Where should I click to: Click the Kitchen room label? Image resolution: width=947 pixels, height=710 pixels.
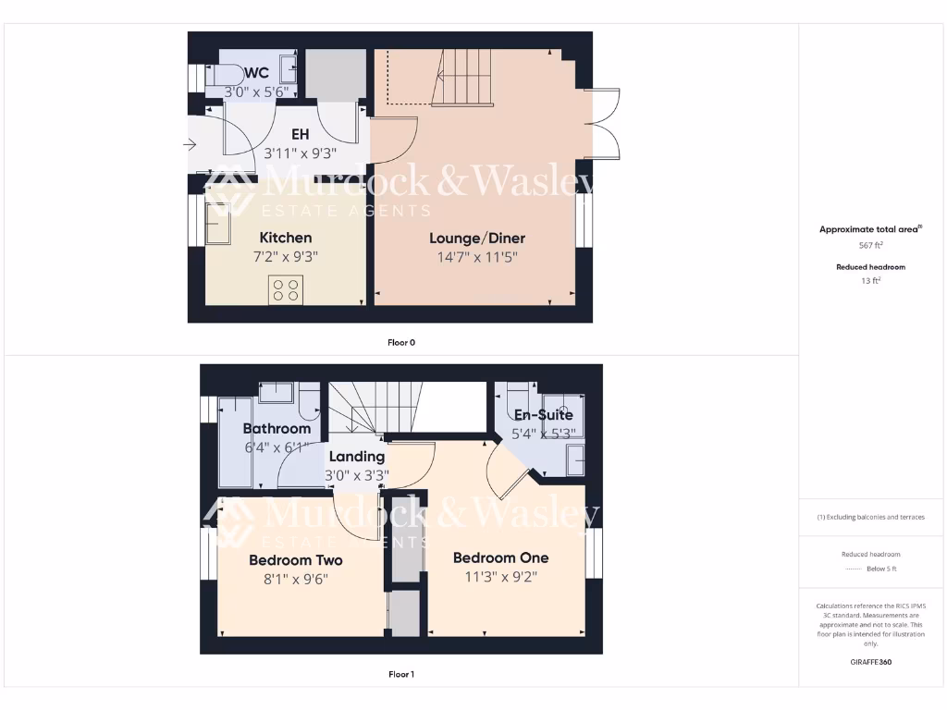point(285,238)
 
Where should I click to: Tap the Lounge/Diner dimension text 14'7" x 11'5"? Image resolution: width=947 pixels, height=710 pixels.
point(477,257)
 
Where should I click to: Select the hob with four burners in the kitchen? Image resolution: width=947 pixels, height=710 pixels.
point(285,290)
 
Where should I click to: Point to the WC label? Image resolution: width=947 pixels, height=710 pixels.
point(257,72)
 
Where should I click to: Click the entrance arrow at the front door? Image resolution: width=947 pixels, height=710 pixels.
point(191,144)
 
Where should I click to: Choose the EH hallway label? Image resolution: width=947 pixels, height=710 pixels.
point(300,135)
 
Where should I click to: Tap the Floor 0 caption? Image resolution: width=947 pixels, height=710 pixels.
point(400,342)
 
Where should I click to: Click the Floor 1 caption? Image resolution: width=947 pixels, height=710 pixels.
point(400,674)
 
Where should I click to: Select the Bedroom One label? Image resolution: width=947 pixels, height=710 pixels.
point(500,557)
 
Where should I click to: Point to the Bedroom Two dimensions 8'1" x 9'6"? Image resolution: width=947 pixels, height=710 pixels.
point(296,579)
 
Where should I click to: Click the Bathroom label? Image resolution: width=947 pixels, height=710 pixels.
point(277,428)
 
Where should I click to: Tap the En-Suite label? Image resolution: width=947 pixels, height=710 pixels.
point(543,415)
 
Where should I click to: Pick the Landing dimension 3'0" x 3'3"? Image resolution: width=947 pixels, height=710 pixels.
point(357,476)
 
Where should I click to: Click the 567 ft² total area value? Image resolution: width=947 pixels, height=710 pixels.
point(870,245)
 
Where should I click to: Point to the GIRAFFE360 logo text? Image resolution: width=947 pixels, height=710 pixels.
point(870,662)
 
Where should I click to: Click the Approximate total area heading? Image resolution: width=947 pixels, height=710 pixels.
point(869,229)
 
